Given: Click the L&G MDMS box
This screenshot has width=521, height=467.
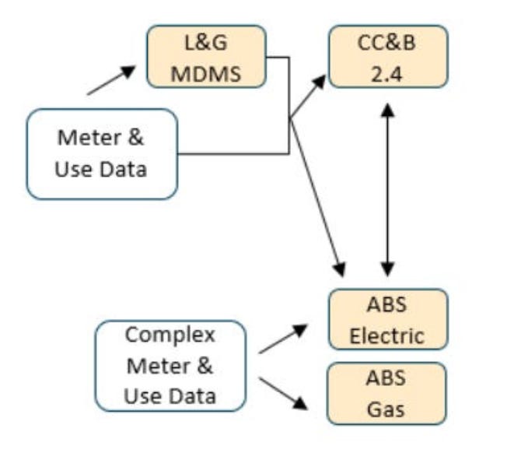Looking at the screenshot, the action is [206, 57].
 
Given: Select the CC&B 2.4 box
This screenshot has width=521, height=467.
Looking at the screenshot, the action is [388, 57].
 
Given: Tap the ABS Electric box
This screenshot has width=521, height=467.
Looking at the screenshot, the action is [388, 319].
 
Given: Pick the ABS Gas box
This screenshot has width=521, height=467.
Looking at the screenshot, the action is [386, 394].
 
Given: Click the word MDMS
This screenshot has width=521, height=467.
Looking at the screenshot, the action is [206, 74].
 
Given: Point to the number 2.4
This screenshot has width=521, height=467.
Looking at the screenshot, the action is [386, 75].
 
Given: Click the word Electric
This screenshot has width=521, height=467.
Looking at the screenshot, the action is [387, 336].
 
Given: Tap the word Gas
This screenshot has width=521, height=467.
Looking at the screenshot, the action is [386, 409].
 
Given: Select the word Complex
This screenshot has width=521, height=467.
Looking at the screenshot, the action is [170, 335].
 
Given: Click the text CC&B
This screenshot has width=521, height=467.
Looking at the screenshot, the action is [386, 43].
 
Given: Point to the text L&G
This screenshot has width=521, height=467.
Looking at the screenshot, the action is [206, 43].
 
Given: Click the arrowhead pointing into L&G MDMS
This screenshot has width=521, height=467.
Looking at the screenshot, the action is [128, 71].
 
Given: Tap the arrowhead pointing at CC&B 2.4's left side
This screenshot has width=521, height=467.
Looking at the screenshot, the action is [320, 82].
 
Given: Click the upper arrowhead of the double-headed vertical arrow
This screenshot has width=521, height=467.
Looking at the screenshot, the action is [387, 110].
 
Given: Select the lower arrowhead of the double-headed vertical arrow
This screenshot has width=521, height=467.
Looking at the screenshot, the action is [387, 269].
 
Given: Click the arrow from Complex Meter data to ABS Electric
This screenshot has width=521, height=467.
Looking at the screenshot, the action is [283, 339].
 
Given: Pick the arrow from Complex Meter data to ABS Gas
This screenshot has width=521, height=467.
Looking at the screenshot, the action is [283, 393].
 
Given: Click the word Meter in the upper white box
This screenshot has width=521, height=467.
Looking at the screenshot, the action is [89, 138].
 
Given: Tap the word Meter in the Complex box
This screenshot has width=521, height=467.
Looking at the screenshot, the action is [158, 367].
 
